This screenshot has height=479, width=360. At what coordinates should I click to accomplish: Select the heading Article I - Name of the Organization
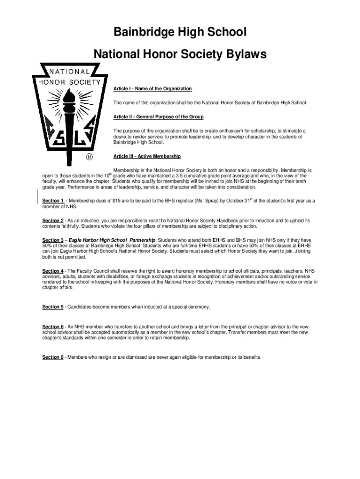[152, 89]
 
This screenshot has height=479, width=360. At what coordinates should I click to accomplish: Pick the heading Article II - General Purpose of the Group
[158, 116]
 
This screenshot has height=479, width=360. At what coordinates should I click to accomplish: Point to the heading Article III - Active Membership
[147, 156]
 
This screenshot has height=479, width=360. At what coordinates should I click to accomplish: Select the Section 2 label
[53, 220]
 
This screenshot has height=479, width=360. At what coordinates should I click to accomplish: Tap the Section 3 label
[53, 240]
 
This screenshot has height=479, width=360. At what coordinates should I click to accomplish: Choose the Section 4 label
[53, 271]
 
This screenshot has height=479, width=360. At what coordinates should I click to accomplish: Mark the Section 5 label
[53, 307]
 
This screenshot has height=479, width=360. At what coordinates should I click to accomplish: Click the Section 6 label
[53, 327]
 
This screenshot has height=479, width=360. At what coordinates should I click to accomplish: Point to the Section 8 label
[53, 357]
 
